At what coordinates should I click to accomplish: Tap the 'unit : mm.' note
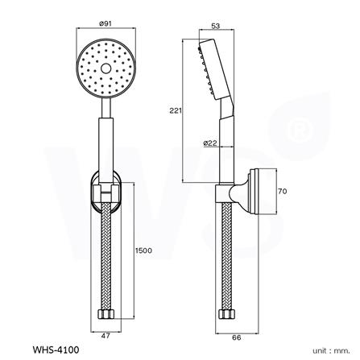click(330, 350)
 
